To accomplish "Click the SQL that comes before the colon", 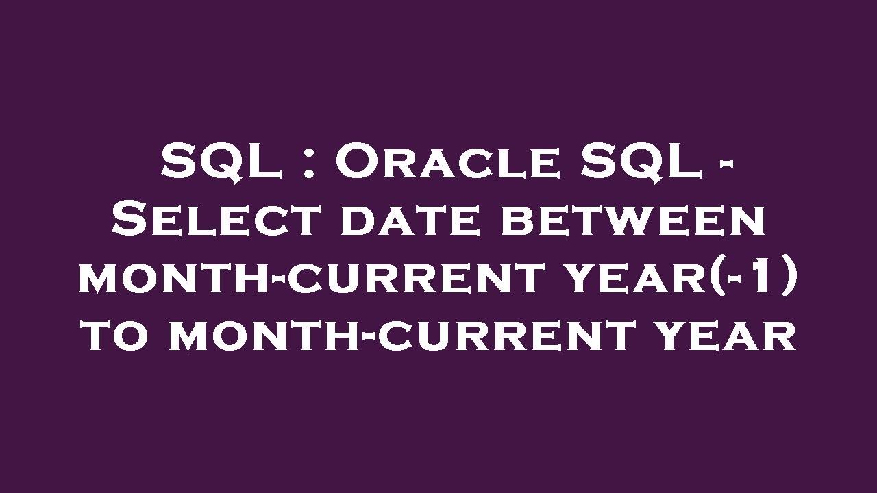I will tap(221, 162).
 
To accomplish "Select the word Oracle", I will tap(447, 162).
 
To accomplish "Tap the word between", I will tap(634, 220).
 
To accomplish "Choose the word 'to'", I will tap(119, 336).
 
